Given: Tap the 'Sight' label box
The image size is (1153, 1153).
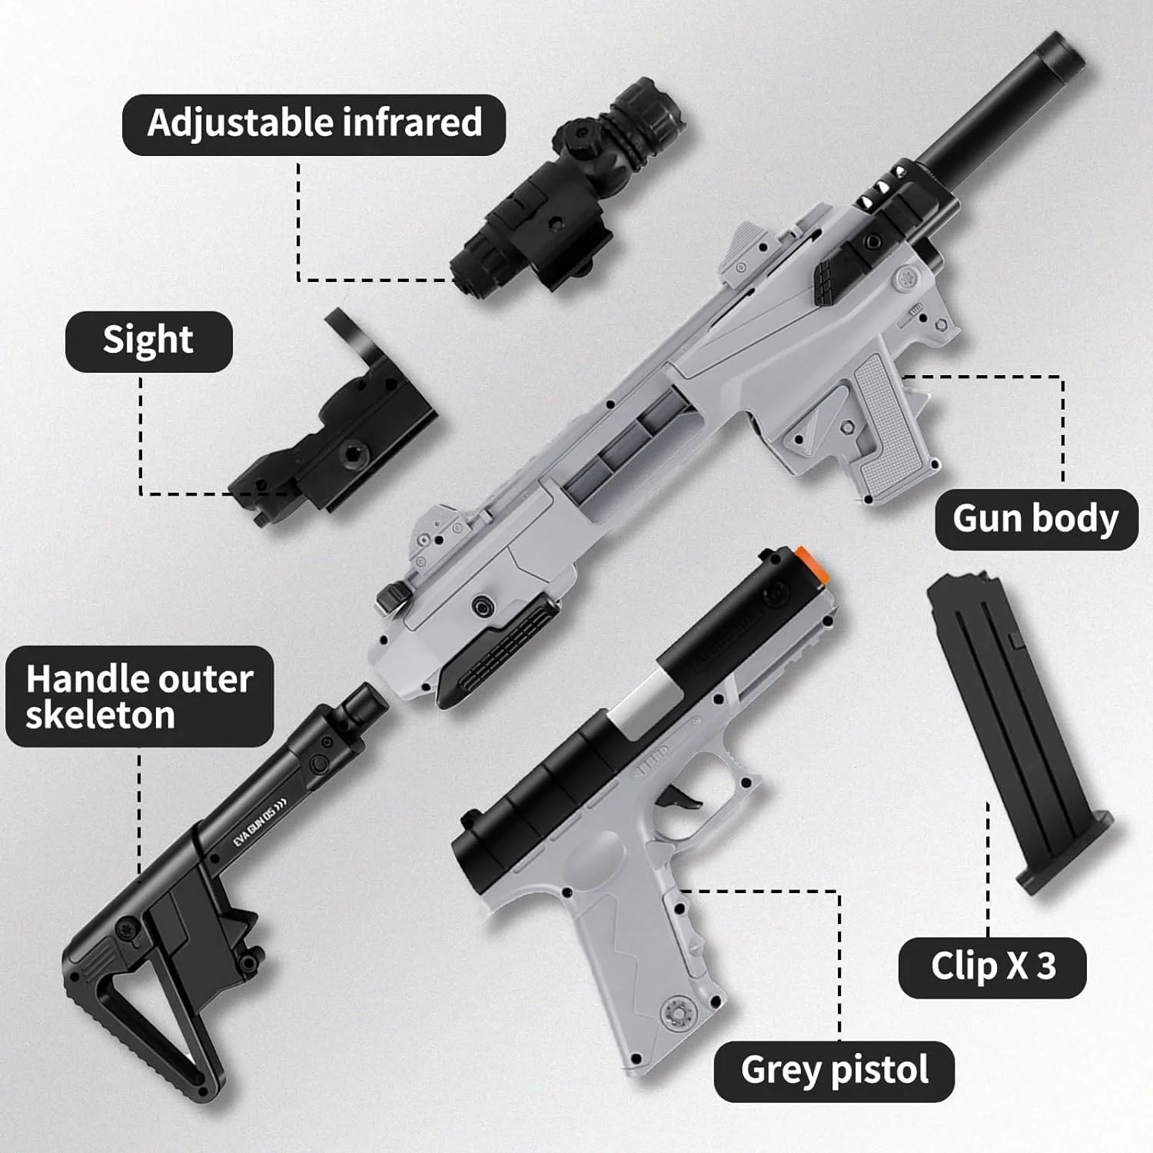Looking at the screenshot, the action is [148, 341].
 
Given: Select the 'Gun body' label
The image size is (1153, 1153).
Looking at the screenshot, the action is [1035, 520].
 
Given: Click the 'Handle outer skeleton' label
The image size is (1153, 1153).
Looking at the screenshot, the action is [140, 696].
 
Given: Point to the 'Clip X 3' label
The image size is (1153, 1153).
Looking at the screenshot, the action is [992, 968].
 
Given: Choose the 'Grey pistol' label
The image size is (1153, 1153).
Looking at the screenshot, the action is [834, 1072].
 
